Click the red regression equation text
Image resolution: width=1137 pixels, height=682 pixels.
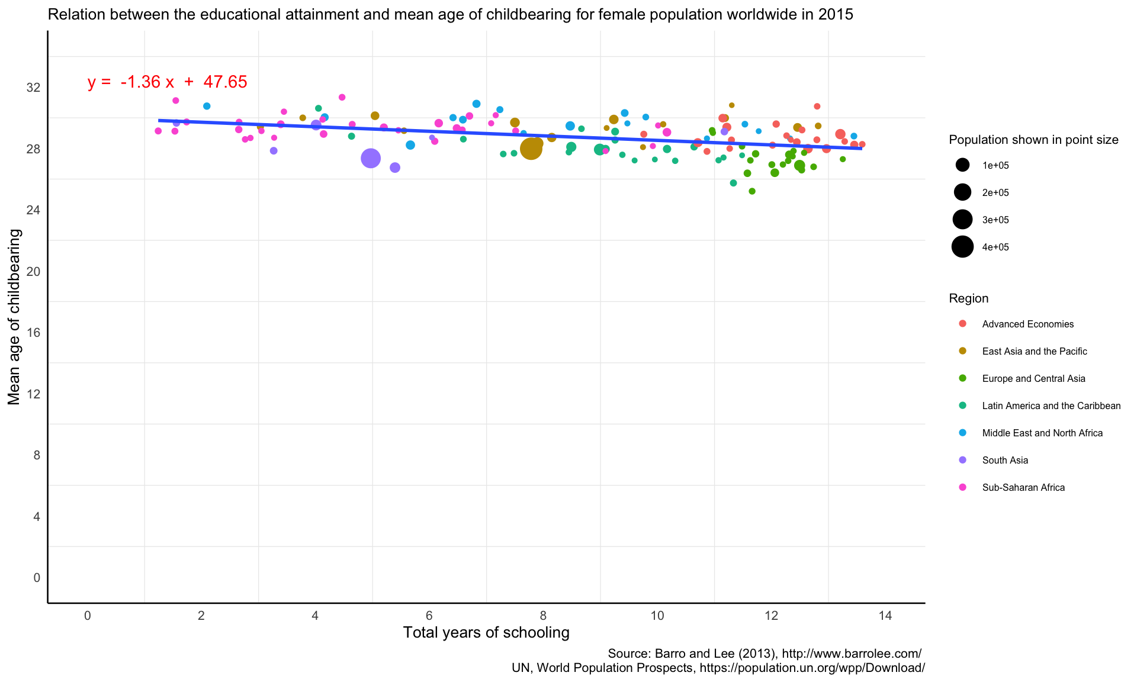pos(167,82)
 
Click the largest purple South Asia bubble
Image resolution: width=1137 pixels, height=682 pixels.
pos(371,158)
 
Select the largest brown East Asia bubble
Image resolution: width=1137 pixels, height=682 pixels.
pos(531,149)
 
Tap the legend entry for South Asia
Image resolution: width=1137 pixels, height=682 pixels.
pos(1004,460)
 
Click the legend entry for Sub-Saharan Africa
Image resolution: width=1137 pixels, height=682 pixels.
pos(1023,487)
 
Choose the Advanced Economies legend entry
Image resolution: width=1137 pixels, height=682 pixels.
pos(1027,324)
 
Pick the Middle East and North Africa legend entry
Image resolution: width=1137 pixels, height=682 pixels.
pos(1042,433)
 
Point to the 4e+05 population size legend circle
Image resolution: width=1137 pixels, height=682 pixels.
pos(963,247)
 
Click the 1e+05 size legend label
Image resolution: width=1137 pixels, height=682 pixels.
pos(995,166)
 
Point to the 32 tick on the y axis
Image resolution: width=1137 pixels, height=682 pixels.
pos(33,88)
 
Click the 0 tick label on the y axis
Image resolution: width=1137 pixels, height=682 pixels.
pos(37,578)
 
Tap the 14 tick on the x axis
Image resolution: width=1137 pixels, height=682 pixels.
pos(885,616)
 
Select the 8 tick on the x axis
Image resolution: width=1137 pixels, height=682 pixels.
pos(543,616)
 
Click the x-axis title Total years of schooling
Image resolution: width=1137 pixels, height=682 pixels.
pos(486,633)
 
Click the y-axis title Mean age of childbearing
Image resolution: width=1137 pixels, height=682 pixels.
pos(14,317)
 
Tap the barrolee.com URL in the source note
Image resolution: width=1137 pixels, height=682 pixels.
pos(852,654)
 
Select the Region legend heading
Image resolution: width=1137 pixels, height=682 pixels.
pos(968,298)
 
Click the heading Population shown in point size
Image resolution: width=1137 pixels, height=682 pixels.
pos(1033,140)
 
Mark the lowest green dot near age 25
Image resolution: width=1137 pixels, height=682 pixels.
pos(752,191)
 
